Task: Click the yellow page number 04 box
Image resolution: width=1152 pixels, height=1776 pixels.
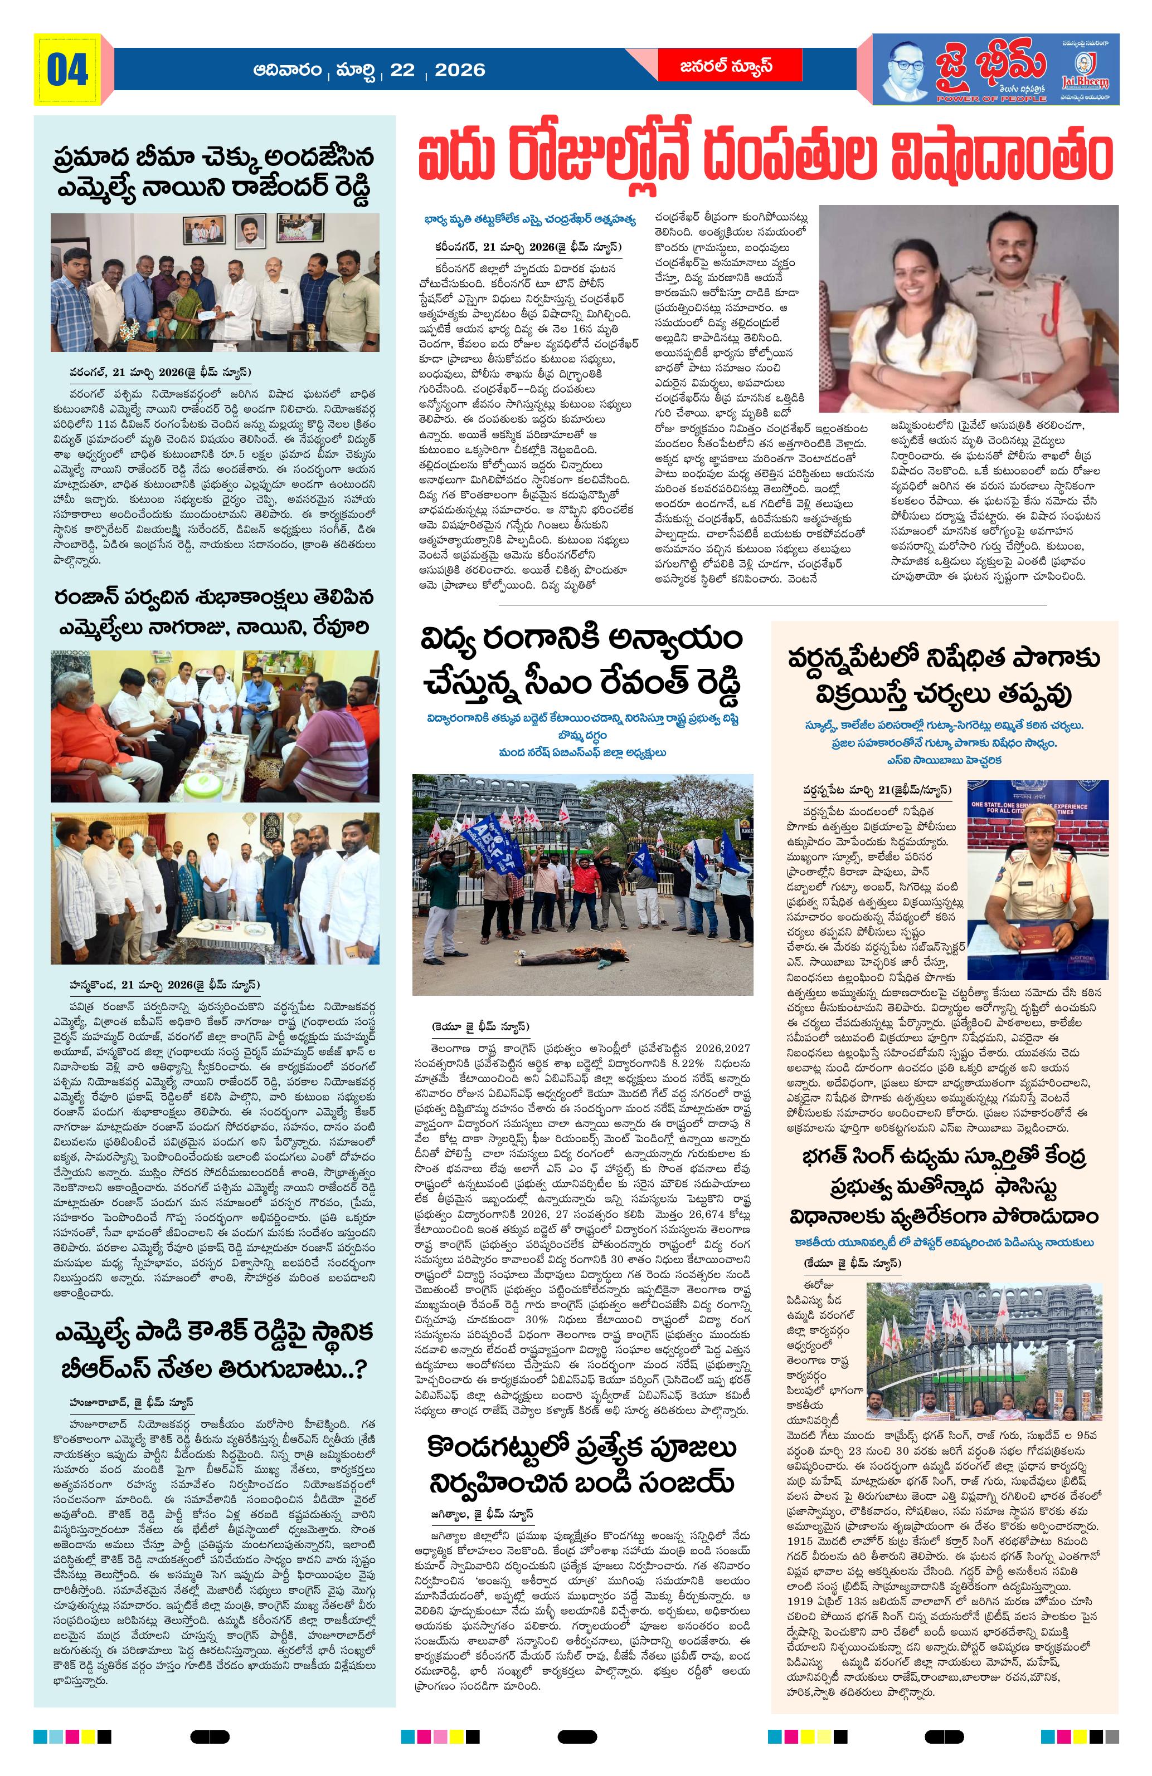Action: coord(67,70)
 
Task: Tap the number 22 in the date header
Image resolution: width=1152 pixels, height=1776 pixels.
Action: coord(402,70)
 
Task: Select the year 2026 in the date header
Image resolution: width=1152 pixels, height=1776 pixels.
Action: coord(459,70)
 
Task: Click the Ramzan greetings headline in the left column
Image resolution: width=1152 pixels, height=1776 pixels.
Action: coord(213,612)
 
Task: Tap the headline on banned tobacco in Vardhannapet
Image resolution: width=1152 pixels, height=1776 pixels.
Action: coord(944,676)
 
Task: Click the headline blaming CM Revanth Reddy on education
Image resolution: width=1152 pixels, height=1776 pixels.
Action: coord(581,662)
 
